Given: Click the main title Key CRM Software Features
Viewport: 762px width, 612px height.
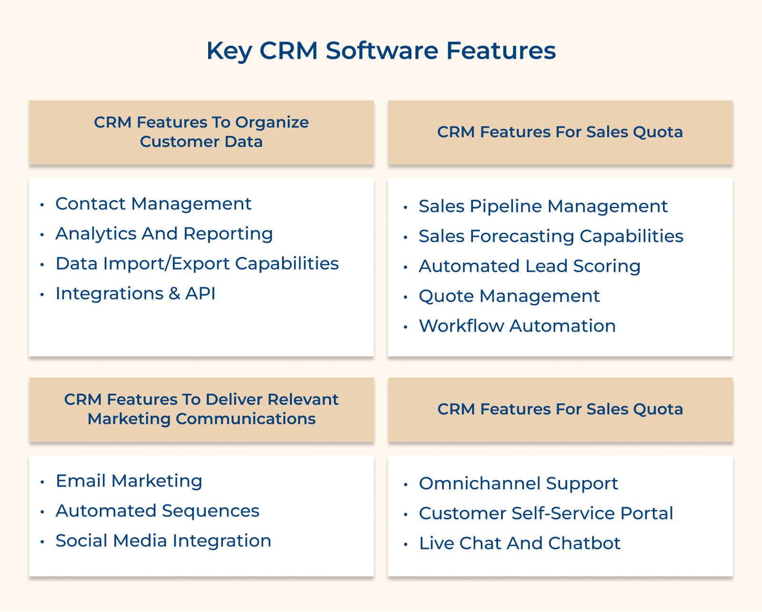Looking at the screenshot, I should [x=381, y=50].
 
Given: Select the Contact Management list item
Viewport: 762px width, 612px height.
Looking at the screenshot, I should [x=153, y=204].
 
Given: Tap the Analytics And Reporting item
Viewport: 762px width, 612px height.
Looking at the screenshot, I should [x=164, y=234].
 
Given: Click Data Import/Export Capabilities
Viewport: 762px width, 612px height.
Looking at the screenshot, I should [x=197, y=264].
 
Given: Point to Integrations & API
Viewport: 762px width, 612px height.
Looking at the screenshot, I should [x=135, y=294].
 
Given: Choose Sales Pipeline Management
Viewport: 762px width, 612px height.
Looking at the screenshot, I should [x=543, y=206].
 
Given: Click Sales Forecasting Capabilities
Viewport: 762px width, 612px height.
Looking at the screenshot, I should [x=551, y=236].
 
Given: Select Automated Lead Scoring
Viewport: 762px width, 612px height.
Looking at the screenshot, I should [x=530, y=266].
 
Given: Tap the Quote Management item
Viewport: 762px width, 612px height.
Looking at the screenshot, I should [x=509, y=296].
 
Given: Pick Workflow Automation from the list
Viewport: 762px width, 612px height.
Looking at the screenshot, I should [x=517, y=326].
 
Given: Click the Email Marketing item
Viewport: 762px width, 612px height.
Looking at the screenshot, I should [x=129, y=481].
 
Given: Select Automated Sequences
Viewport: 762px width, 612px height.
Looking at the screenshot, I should [x=157, y=511].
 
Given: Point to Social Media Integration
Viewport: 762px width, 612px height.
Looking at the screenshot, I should [x=163, y=541].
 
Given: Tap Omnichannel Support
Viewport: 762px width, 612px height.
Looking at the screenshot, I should [x=518, y=483].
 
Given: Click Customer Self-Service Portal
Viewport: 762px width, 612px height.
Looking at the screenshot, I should [x=546, y=513].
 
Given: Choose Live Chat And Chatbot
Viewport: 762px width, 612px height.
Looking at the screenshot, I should [x=520, y=543].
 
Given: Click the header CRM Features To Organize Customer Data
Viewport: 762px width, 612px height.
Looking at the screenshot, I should [x=201, y=132].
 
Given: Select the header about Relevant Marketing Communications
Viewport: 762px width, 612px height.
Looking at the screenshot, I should [x=201, y=409].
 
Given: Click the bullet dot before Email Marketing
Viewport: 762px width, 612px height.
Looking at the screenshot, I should [x=42, y=482].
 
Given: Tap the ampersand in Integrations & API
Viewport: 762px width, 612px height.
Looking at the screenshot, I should [x=174, y=294].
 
